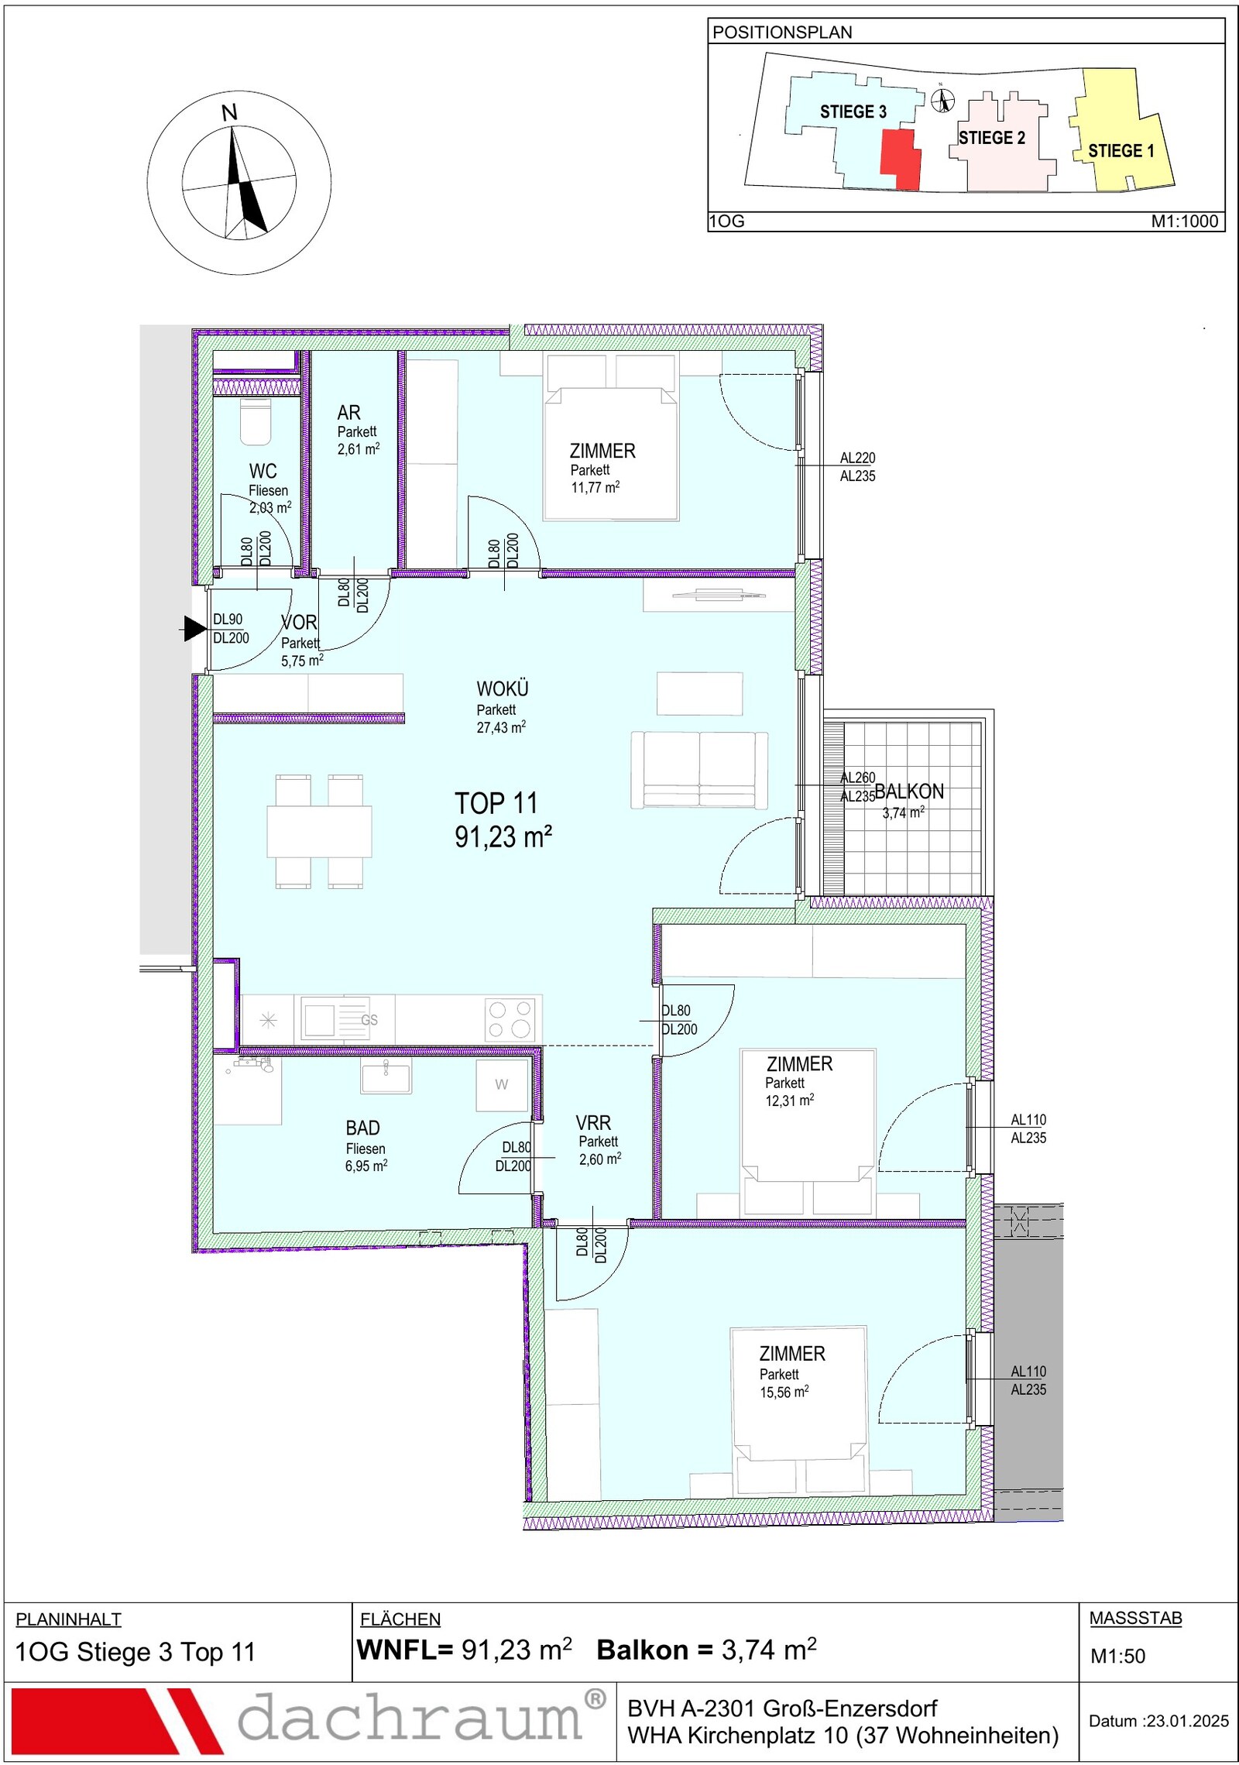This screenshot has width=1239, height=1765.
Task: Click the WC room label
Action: (x=263, y=471)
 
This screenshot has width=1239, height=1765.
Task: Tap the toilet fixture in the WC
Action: (x=256, y=423)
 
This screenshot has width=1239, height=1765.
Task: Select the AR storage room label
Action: (x=348, y=413)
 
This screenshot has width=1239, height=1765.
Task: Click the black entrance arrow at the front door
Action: (x=194, y=628)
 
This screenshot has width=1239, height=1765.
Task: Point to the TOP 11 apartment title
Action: (x=496, y=803)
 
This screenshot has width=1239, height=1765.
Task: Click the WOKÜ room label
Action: (x=503, y=688)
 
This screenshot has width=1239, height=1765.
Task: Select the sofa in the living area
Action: (x=700, y=770)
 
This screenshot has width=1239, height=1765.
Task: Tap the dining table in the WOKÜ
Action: (x=319, y=831)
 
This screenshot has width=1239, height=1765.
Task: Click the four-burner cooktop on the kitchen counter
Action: (x=510, y=1018)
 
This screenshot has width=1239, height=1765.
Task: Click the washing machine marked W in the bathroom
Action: (x=503, y=1084)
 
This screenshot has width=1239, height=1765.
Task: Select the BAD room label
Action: (x=363, y=1128)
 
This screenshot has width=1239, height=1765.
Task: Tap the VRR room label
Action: (x=593, y=1122)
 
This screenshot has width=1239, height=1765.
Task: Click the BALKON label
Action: (x=910, y=792)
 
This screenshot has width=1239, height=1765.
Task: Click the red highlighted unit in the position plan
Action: (x=901, y=159)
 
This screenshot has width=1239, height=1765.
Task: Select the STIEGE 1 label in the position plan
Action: (x=1121, y=151)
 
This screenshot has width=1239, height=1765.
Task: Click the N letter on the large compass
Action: (x=229, y=113)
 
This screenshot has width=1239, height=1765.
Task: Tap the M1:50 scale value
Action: (x=1117, y=1656)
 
